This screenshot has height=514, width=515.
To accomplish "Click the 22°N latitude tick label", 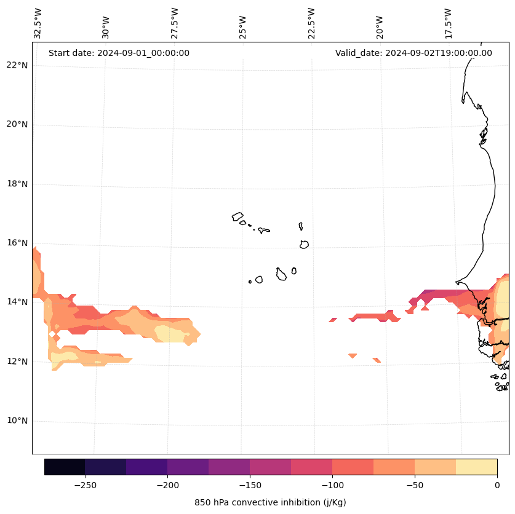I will coord(17,65).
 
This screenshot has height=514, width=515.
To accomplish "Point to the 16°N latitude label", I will coord(17,243).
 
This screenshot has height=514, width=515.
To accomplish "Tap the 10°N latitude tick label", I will coord(17,421).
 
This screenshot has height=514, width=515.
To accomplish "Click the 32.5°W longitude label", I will coord(38,23).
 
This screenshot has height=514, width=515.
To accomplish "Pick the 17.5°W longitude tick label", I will coord(449,23).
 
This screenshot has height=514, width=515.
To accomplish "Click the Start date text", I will coord(119,53).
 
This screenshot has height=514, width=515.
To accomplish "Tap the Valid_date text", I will coord(413,53).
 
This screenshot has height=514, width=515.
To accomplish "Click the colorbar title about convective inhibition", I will coord(270,502).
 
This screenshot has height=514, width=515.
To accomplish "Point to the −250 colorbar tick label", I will coord(85,485).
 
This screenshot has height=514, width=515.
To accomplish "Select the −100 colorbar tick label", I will coord(332,485).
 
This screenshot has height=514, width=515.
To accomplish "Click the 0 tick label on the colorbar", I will coord(497,485).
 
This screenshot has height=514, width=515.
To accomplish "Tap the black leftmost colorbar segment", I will coord(65,467).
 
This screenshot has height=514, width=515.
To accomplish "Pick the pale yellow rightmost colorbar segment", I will coord(476,467).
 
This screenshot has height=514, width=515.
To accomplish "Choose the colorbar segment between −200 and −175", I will coord(188,467).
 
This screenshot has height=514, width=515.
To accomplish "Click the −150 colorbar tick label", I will coord(250,485).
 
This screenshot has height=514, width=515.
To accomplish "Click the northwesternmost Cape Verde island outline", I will coord(238,216).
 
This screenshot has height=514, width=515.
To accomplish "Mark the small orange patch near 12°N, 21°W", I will coord(353,355).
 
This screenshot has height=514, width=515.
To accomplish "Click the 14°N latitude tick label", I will coord(17,302).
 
